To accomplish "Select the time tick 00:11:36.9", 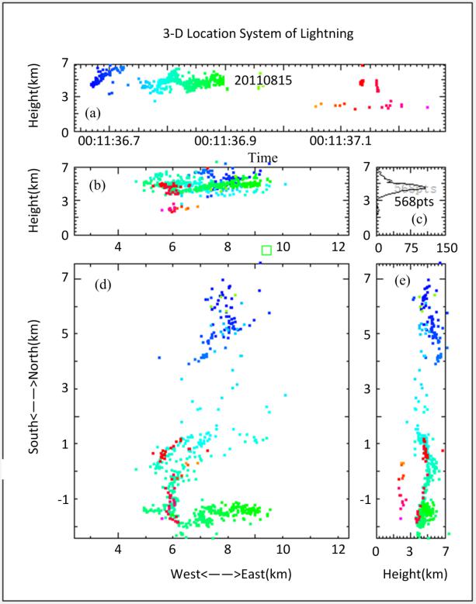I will click(225, 142).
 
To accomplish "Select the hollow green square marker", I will click(266, 250).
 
